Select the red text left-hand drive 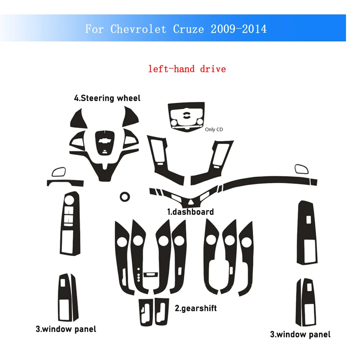pos(187,68)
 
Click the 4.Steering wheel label pos(107,98)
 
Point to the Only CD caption pos(214,129)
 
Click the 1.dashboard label pos(190,212)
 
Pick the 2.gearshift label pos(196,308)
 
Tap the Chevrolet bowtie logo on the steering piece pos(105,141)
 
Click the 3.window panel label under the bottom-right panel pos(300,334)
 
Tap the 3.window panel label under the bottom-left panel pos(66,329)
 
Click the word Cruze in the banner pos(186,29)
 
